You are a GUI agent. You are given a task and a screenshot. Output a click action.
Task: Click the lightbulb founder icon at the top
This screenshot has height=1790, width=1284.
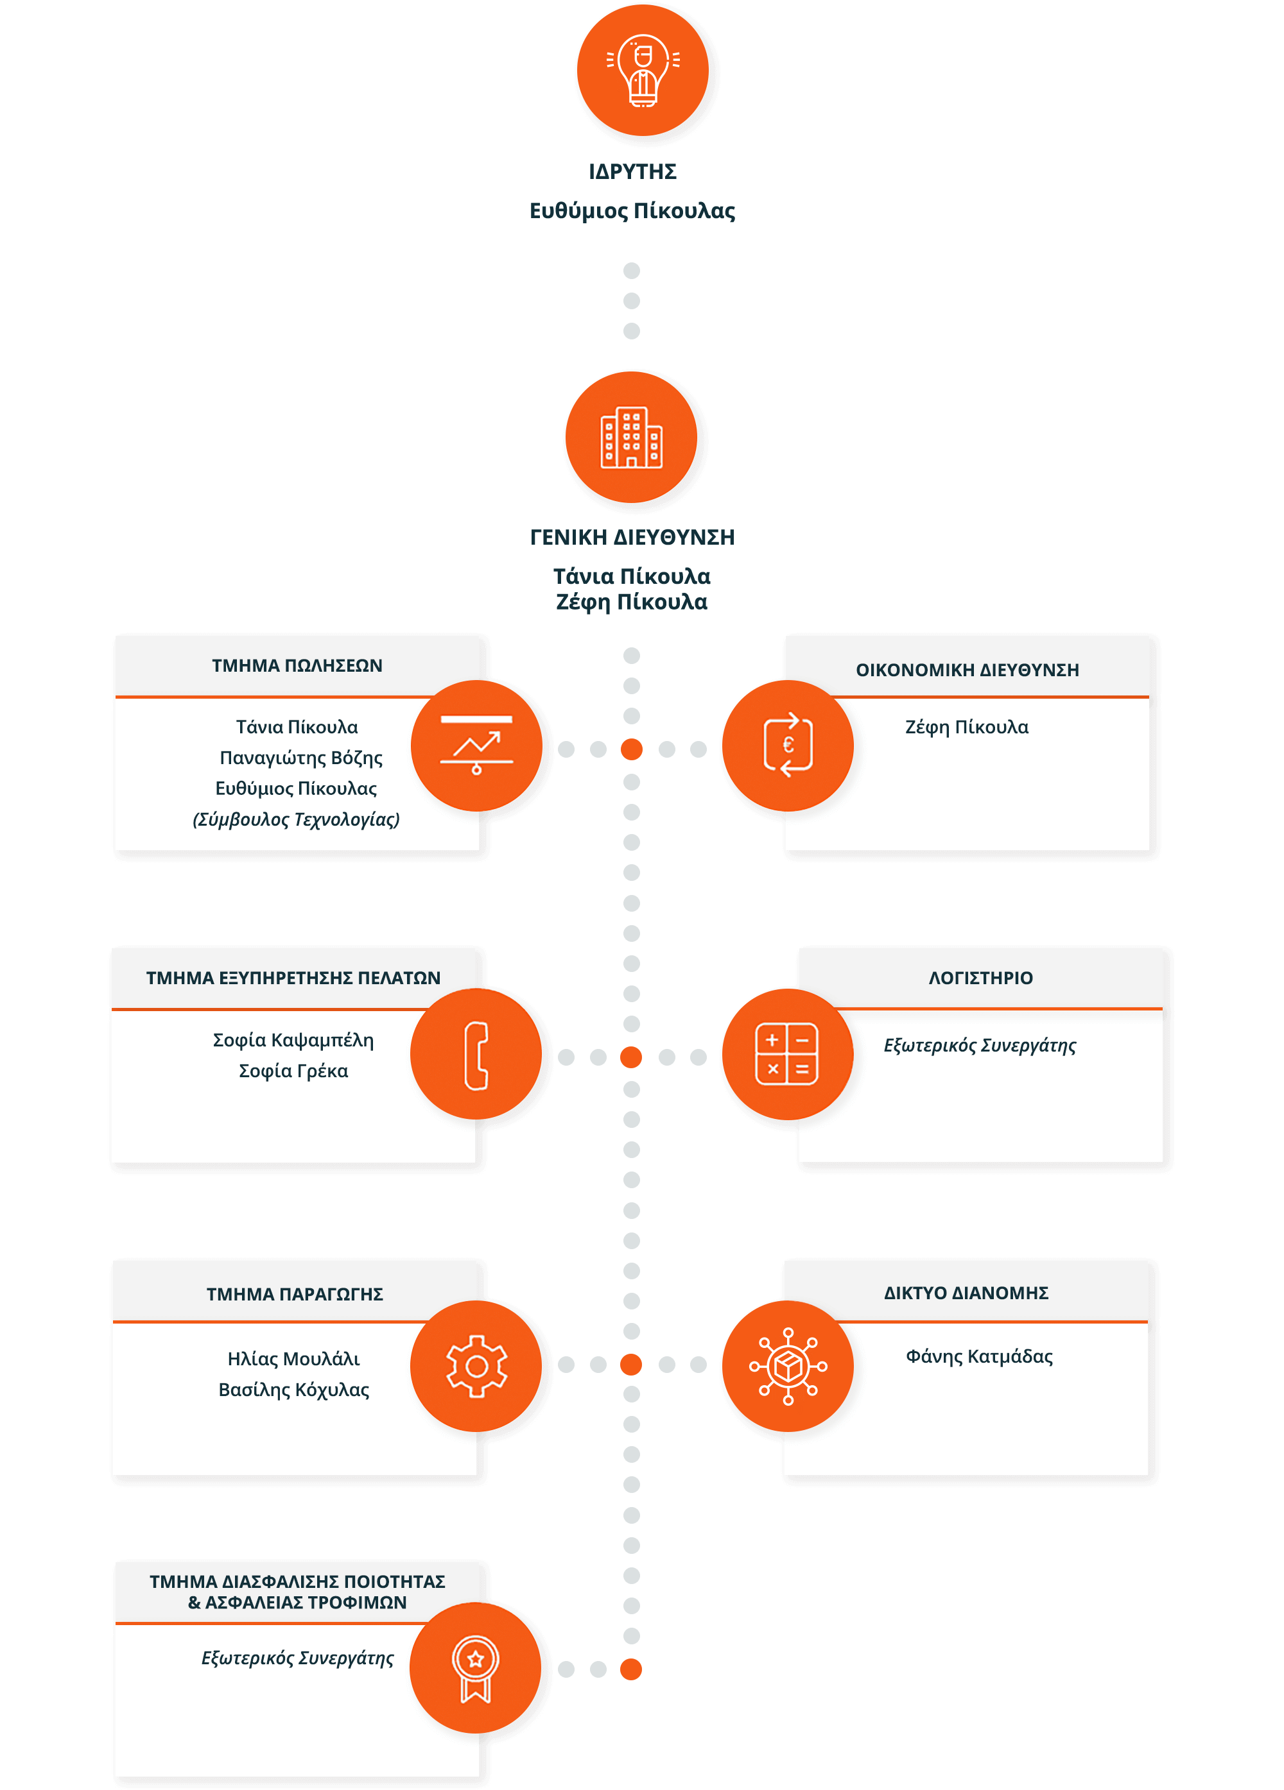coord(643,71)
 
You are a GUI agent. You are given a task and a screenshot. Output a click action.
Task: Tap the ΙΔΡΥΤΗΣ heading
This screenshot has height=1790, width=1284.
coord(632,171)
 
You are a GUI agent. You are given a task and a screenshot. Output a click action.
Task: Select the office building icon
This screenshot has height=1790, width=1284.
coord(631,438)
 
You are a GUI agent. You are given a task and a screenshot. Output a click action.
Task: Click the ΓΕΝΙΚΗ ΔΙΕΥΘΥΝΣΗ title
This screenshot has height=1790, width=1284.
coord(632,537)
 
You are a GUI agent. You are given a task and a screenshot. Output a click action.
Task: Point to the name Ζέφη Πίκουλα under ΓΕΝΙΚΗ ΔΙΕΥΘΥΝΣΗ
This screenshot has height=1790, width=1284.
coord(631,602)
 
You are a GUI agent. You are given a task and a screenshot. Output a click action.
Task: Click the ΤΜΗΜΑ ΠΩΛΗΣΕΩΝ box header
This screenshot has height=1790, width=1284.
coord(297,665)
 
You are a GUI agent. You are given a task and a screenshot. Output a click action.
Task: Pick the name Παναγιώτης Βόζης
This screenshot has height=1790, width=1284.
coord(301,758)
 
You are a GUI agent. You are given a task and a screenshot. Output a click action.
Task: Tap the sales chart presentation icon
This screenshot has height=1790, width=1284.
coord(476,745)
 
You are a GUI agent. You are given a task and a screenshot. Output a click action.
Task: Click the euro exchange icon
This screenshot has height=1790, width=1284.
coord(787,745)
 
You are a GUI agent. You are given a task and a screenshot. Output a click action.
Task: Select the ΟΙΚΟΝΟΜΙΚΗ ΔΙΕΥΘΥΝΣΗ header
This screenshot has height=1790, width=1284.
coord(967,669)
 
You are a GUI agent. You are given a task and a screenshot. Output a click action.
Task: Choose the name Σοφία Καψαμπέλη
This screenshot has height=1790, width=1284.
coord(293,1040)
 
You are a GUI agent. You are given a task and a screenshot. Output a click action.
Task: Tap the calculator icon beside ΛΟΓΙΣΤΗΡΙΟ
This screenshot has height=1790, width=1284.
coord(786,1053)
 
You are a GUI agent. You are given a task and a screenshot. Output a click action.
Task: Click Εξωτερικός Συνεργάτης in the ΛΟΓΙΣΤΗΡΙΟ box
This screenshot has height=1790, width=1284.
coord(979,1045)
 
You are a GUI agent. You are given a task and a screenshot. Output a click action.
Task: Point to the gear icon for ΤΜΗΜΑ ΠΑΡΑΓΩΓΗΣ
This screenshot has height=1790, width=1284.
coord(476,1366)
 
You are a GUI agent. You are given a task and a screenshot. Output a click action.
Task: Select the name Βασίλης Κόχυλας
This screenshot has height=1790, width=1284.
coord(294,1390)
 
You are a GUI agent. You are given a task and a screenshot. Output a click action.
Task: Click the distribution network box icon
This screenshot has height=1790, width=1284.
coord(787,1366)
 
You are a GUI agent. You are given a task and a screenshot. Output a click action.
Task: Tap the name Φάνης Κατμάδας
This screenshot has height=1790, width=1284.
coord(978,1357)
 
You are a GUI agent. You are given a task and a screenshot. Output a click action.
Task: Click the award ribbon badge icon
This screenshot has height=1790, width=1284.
coord(475,1667)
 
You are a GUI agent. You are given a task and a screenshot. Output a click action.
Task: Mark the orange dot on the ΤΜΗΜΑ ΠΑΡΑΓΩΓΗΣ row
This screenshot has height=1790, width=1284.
coord(631,1365)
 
